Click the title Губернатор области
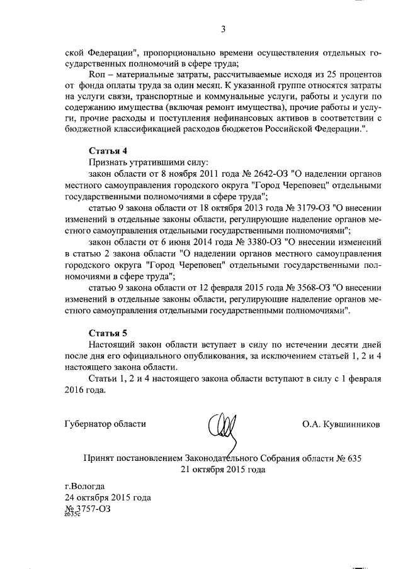(x=105, y=424)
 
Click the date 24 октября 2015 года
(x=108, y=497)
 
